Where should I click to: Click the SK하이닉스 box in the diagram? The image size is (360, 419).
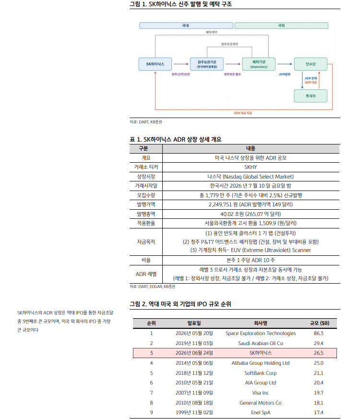[155, 64]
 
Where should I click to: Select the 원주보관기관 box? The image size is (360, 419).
[207, 64]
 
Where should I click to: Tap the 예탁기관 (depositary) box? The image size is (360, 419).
[259, 64]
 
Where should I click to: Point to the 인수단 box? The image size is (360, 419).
[311, 64]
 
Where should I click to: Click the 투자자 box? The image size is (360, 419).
[311, 96]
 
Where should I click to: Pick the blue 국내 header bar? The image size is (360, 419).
[186, 25]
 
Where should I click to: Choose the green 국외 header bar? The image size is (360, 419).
[281, 25]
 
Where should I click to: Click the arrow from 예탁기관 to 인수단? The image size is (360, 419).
[285, 64]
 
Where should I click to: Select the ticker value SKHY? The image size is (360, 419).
[251, 168]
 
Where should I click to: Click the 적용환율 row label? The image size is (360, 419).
[146, 223]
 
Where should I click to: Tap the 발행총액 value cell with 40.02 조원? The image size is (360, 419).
[251, 214]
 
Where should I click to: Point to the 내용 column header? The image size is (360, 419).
[251, 149]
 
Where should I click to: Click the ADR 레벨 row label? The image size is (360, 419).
[146, 274]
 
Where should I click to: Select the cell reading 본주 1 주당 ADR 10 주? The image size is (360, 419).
[251, 260]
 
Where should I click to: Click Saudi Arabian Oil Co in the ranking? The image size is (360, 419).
[261, 343]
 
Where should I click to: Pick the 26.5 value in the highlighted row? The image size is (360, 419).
[319, 353]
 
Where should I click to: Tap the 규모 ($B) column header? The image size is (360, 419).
[320, 323]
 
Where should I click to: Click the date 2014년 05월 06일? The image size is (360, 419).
[194, 363]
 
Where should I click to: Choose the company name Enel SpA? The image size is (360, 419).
[261, 413]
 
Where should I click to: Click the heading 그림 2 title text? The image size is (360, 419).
[180, 304]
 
